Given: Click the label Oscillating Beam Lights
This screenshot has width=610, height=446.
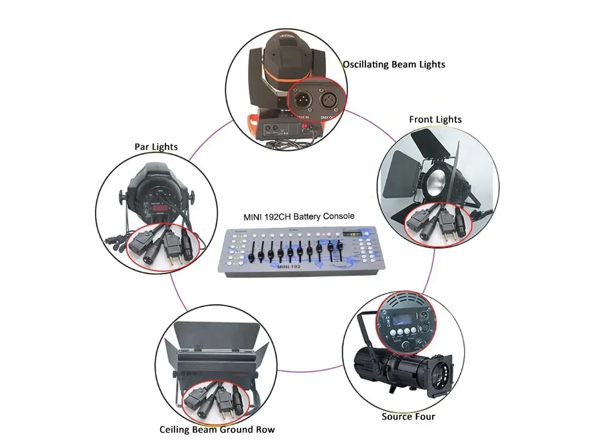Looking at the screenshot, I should click(394, 64).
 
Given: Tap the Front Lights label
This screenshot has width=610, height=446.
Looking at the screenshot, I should click(435, 120).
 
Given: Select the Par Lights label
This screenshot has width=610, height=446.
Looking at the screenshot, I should click(156, 147).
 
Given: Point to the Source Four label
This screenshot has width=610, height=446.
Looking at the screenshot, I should click(408, 416).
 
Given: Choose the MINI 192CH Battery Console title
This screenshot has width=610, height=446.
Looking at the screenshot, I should click(299, 216).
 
